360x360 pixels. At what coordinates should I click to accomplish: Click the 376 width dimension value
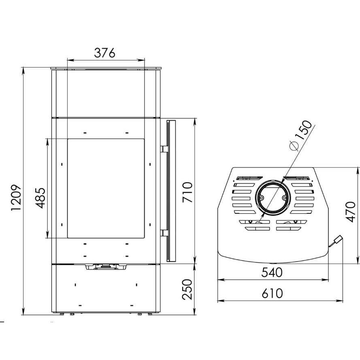104,53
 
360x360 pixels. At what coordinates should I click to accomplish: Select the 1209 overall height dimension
17,198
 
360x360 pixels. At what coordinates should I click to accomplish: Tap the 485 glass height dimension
40,198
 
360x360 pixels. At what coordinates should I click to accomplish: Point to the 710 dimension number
187,192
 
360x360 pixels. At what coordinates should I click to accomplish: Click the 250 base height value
187,289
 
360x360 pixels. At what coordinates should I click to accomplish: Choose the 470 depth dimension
350,212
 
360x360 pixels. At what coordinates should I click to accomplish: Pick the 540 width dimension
272,273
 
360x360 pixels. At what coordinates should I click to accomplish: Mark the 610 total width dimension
272,294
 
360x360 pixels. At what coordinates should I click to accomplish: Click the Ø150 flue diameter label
301,136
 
